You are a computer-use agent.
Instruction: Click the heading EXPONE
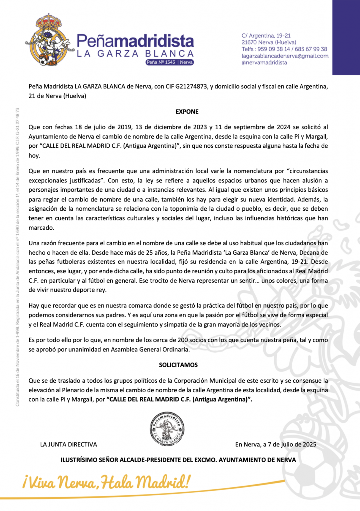tap(187, 112)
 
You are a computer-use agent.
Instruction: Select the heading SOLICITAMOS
tap(178, 365)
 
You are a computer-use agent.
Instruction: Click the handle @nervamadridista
tap(264, 63)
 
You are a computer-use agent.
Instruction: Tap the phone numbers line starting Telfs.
tap(284, 49)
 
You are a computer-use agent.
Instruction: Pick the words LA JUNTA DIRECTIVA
tap(69, 444)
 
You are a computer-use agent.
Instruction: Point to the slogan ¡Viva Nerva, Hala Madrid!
tap(106, 482)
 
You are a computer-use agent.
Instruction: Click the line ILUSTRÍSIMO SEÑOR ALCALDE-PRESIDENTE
tap(178, 460)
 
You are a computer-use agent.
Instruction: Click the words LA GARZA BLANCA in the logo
tap(135, 53)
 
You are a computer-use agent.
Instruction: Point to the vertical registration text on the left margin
tap(18, 257)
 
